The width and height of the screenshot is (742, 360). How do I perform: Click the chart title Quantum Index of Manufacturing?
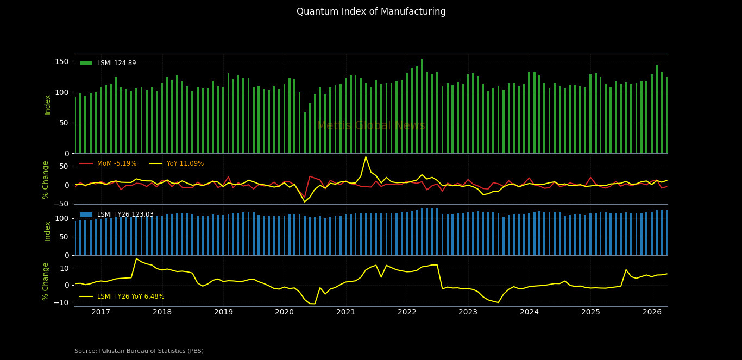click(371, 11)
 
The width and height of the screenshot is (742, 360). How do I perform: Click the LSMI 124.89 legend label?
click(117, 63)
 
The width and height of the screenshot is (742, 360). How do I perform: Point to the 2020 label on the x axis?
click(285, 312)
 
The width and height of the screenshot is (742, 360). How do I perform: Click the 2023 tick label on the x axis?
click(468, 312)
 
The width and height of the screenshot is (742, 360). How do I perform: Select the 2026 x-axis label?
click(652, 312)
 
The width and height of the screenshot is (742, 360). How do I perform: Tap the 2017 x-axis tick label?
click(100, 312)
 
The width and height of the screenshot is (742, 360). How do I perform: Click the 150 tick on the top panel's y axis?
click(62, 61)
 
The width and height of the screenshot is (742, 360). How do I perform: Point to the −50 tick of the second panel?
click(61, 204)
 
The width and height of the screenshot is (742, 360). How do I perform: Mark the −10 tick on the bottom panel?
click(61, 302)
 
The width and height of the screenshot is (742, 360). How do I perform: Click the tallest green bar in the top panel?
click(422, 106)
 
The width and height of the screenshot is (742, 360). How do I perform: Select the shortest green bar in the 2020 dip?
click(305, 133)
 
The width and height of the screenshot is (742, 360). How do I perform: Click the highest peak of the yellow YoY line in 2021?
click(366, 157)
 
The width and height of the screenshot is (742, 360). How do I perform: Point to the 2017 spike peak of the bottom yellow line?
click(136, 258)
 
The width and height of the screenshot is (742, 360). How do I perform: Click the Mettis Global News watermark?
click(371, 125)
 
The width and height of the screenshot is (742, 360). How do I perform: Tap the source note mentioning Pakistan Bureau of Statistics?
click(139, 351)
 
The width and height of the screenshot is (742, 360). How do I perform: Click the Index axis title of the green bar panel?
click(47, 105)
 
